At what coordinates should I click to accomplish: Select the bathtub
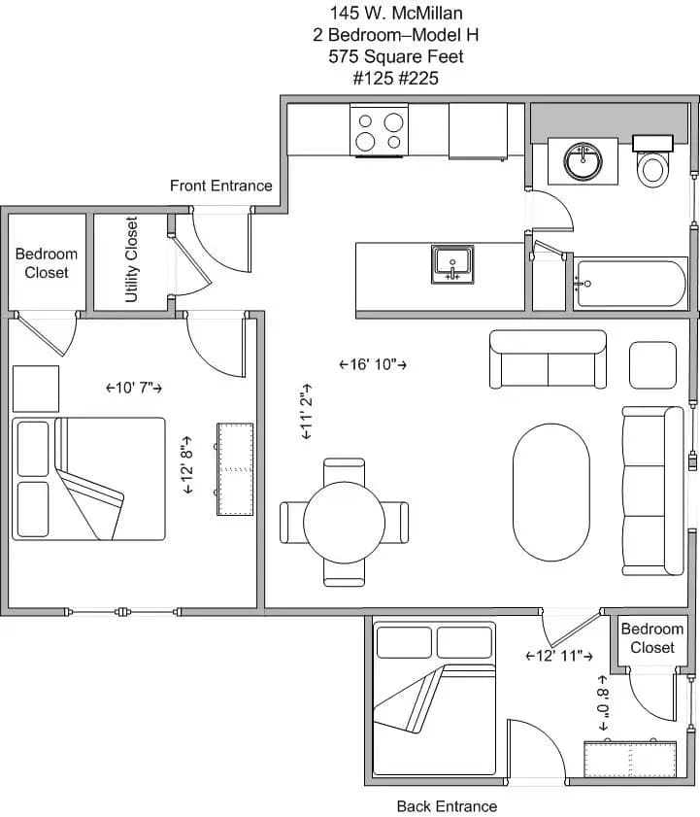[630, 285]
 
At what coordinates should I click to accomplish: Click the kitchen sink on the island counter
[452, 263]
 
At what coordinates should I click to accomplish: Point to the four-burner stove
[380, 131]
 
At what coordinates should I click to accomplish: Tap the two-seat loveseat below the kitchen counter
[548, 359]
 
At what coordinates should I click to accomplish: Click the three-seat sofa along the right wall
[652, 490]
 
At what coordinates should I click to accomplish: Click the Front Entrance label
[220, 186]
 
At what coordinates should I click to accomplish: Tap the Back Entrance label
[447, 806]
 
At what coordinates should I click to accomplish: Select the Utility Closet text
[132, 259]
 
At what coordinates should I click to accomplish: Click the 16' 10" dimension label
[372, 364]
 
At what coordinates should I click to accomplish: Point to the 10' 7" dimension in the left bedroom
[133, 388]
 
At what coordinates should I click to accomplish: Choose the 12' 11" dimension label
[559, 656]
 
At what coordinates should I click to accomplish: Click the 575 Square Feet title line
[395, 56]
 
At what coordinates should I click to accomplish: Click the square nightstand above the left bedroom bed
[36, 389]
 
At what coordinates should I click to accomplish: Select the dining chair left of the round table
[292, 522]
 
